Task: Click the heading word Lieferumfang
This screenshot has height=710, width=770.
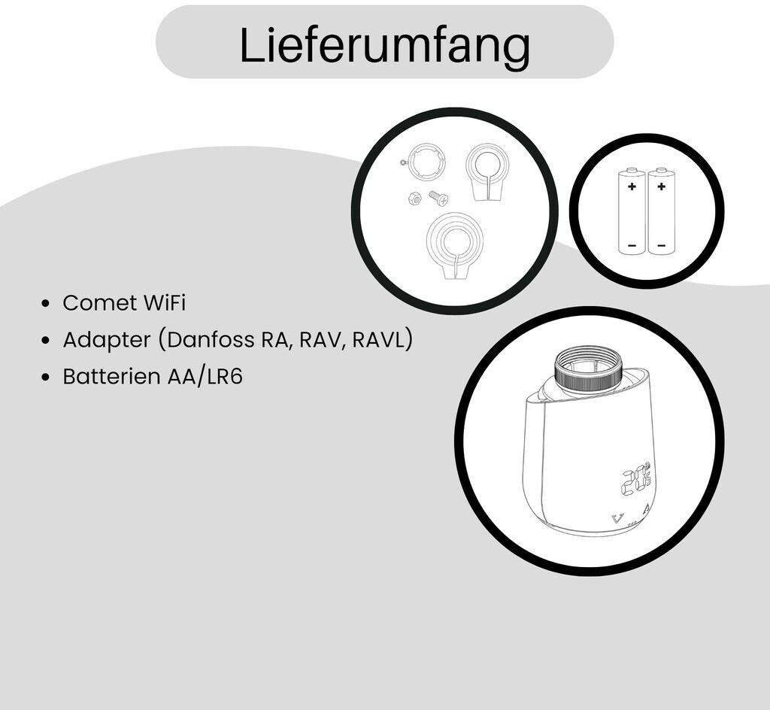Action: coord(384,45)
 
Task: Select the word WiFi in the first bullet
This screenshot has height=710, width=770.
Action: coord(164,302)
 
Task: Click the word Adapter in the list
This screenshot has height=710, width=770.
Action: coord(107,340)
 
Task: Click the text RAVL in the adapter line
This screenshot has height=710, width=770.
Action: coord(380,339)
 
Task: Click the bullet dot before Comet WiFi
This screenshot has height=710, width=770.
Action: coord(46,303)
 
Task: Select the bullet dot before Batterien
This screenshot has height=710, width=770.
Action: coord(46,377)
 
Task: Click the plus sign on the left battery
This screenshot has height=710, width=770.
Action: coord(632,187)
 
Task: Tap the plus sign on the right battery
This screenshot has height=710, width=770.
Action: coord(662,187)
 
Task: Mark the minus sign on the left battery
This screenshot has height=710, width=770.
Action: coord(632,245)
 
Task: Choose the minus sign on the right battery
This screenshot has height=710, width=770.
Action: coord(662,245)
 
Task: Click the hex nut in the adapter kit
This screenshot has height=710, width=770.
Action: coord(414,199)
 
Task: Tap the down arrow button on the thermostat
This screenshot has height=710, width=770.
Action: coord(617,518)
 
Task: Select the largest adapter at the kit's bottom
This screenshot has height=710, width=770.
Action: coord(455,245)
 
